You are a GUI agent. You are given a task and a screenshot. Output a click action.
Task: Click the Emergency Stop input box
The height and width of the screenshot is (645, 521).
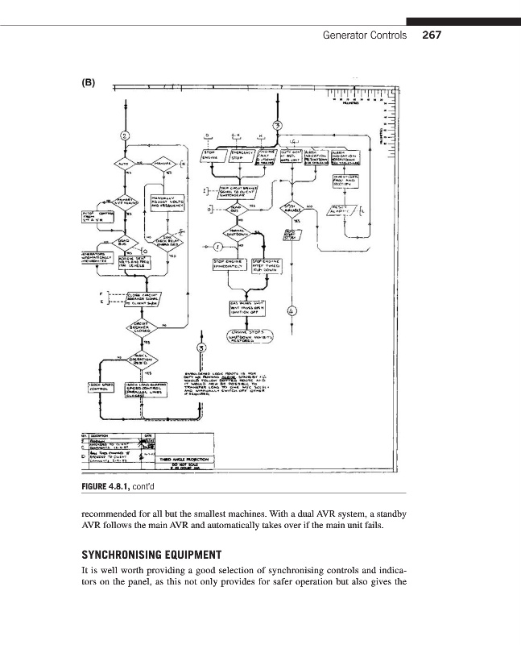click(241, 156)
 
